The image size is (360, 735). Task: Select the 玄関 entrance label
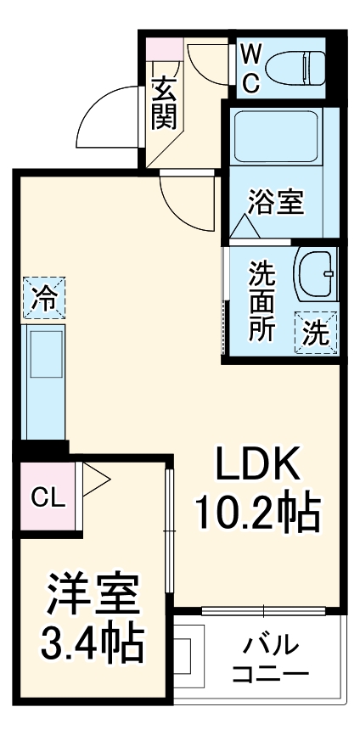[165, 104]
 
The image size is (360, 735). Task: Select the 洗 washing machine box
[317, 332]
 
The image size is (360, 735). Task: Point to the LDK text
[256, 465]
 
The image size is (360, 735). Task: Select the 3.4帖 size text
[91, 645]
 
